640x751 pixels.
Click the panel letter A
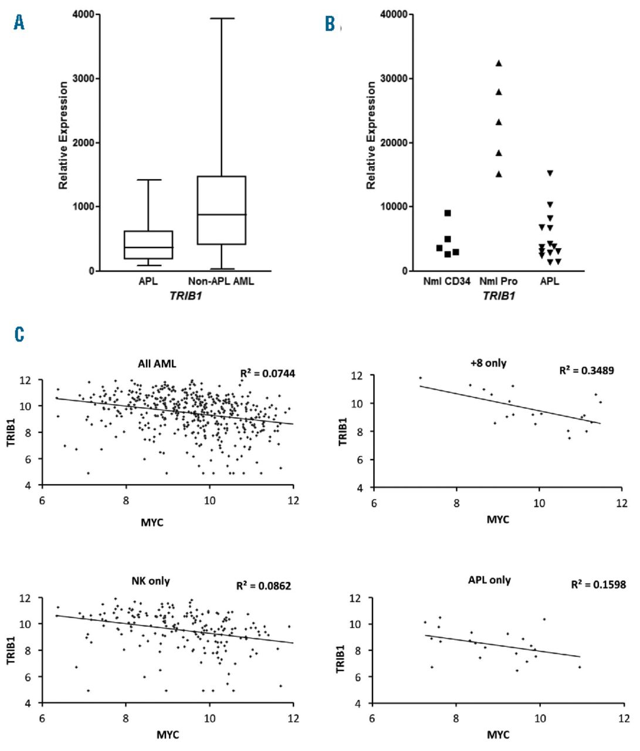(x=19, y=23)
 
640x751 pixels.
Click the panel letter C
(x=19, y=335)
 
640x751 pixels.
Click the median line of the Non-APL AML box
(x=221, y=215)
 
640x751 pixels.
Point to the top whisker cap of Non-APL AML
(x=221, y=18)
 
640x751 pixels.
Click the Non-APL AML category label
(x=221, y=281)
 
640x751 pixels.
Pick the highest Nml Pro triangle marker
(x=499, y=63)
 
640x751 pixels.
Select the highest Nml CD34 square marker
(x=448, y=213)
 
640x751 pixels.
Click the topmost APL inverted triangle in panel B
(x=550, y=173)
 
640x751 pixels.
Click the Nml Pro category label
(x=499, y=281)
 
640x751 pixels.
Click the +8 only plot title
(x=488, y=363)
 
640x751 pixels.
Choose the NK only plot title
(x=150, y=581)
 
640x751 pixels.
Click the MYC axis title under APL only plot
(x=497, y=734)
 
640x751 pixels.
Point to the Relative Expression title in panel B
(x=371, y=135)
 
